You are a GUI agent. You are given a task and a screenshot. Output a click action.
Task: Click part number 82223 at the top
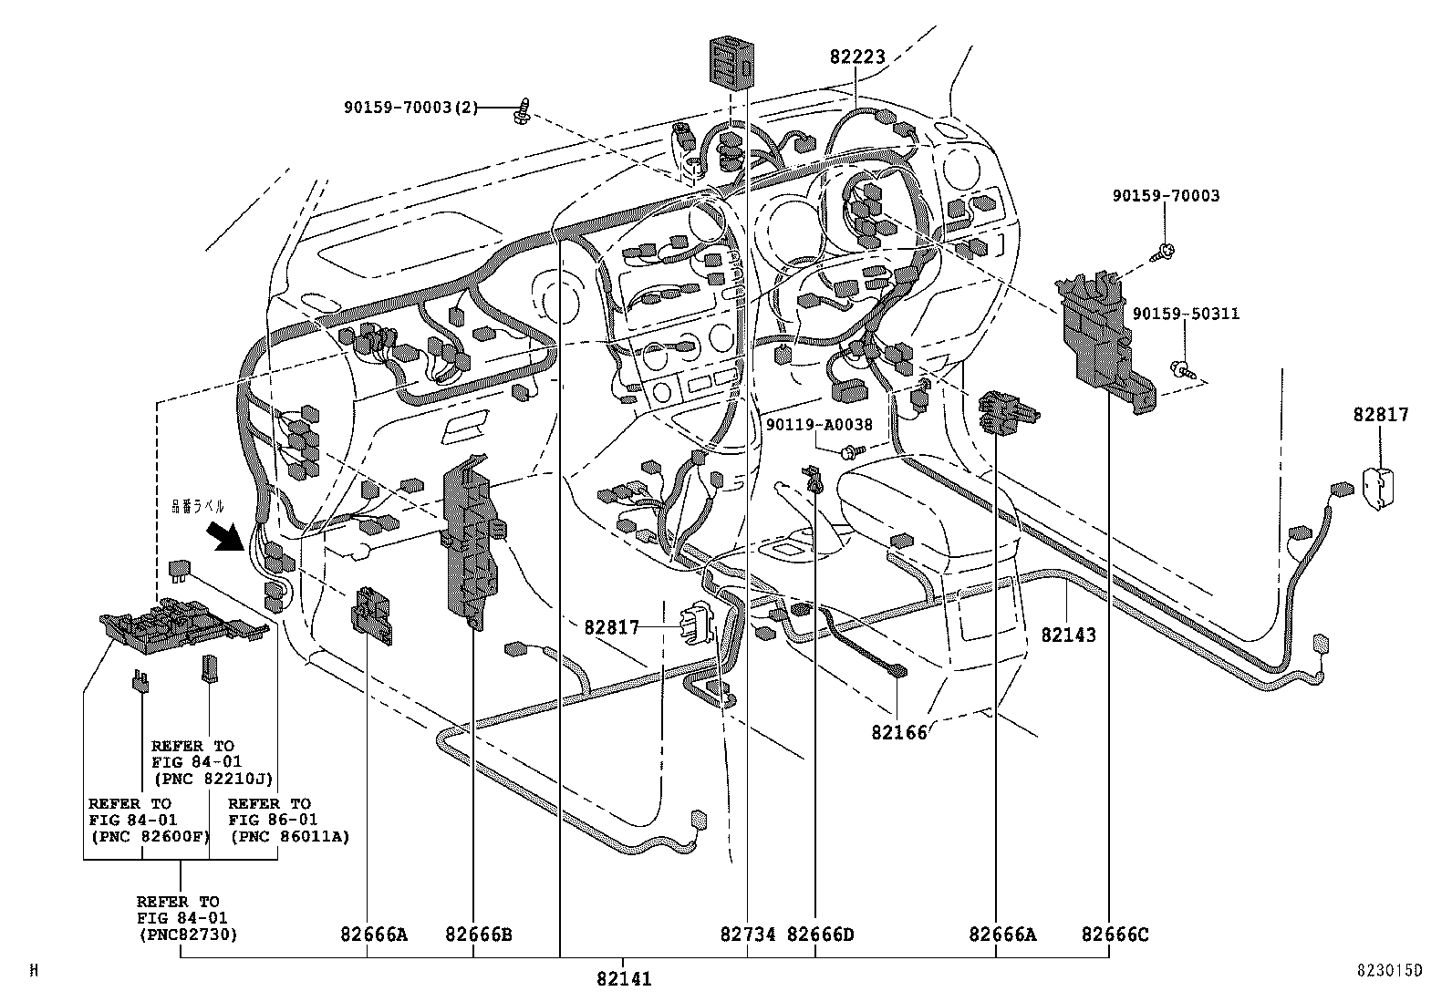coord(857,57)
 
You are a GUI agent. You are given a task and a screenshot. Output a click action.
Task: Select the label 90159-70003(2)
coord(410,108)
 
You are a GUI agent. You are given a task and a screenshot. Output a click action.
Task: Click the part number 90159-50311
coord(1186,314)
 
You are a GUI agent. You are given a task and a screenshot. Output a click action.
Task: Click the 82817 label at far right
coord(1381,415)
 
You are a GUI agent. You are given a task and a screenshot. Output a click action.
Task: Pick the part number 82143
coord(1068,635)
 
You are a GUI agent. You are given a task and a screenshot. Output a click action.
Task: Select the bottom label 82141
coord(624,979)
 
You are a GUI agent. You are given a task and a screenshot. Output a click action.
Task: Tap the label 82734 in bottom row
coord(748,935)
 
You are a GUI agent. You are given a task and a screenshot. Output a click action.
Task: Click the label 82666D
coord(820,935)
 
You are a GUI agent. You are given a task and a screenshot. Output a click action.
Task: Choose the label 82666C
coord(1115,935)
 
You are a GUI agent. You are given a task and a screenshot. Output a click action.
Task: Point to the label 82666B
coord(479,935)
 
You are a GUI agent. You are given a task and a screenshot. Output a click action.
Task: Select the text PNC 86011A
coord(289,836)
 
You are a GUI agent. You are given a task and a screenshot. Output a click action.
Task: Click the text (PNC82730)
coord(187,935)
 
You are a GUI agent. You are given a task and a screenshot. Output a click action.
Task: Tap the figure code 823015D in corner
coord(1387,971)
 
